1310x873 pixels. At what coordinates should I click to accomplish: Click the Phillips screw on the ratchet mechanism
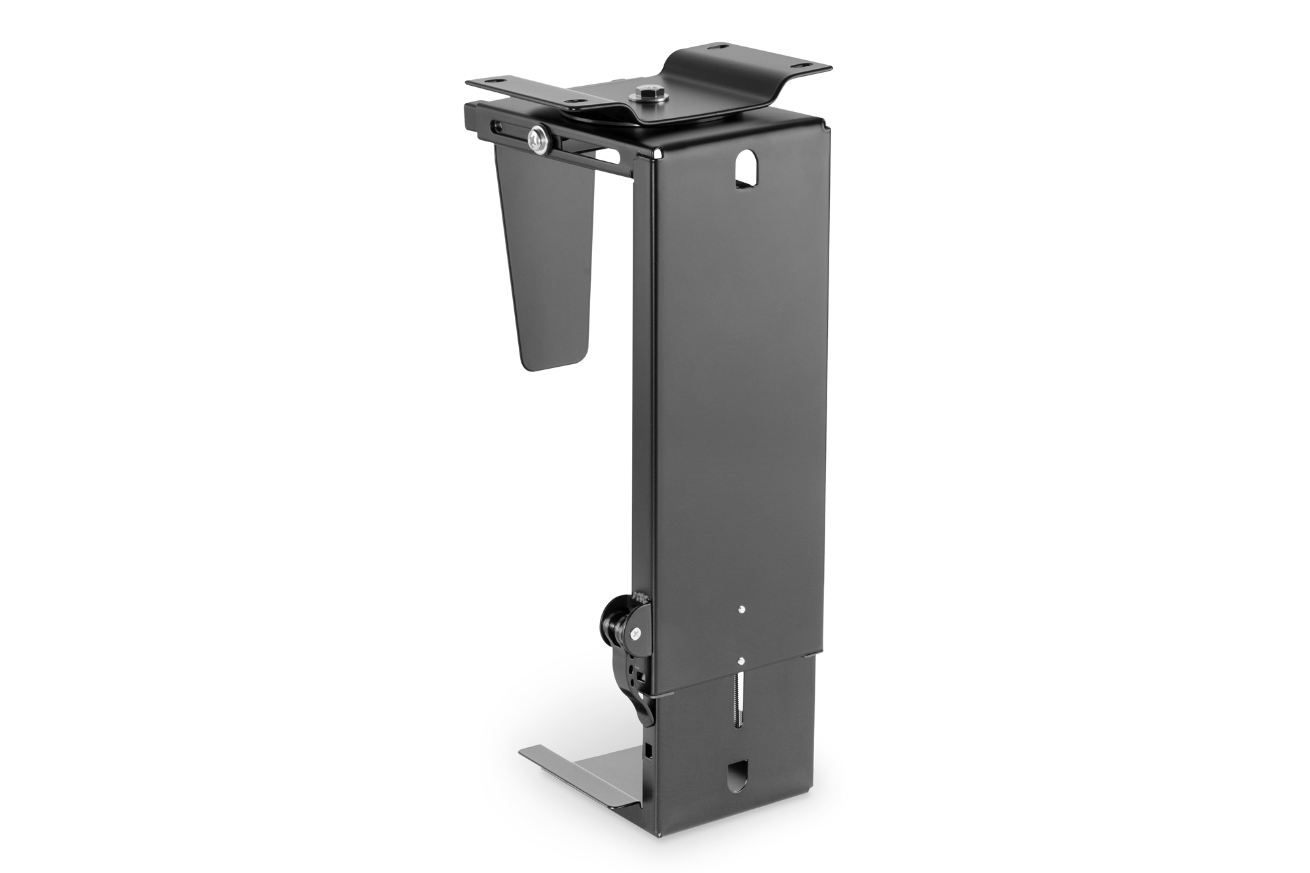point(635,633)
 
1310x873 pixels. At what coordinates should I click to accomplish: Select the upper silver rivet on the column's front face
point(741,609)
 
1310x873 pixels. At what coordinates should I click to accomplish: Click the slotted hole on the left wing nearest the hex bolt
point(576,102)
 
